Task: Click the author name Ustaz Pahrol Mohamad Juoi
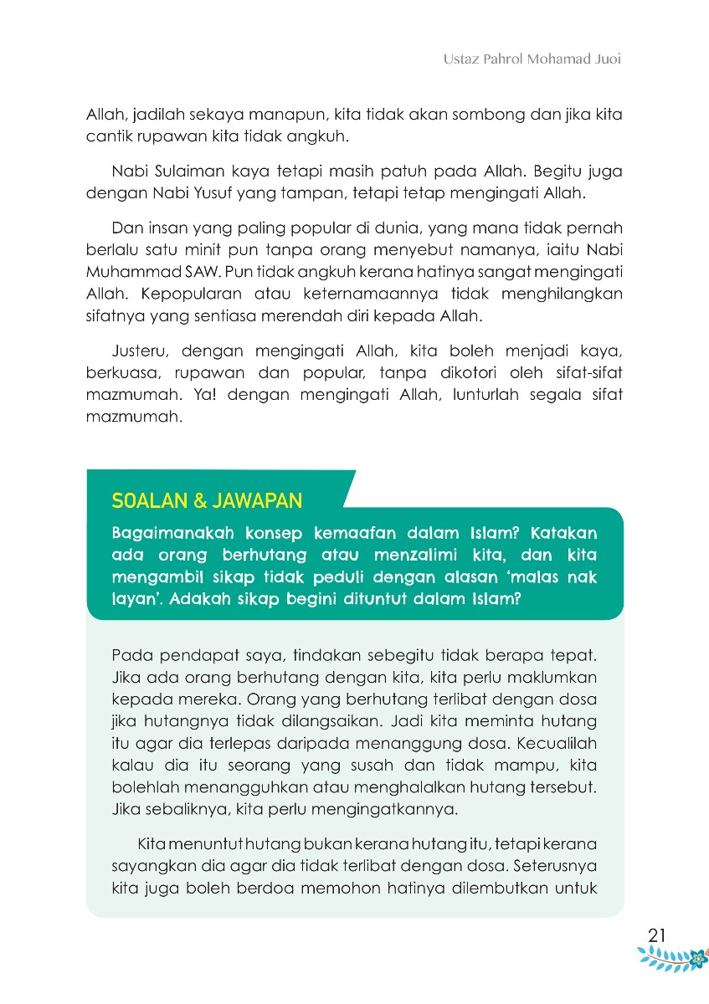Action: coord(532,61)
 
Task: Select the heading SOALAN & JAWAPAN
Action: coord(207,501)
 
